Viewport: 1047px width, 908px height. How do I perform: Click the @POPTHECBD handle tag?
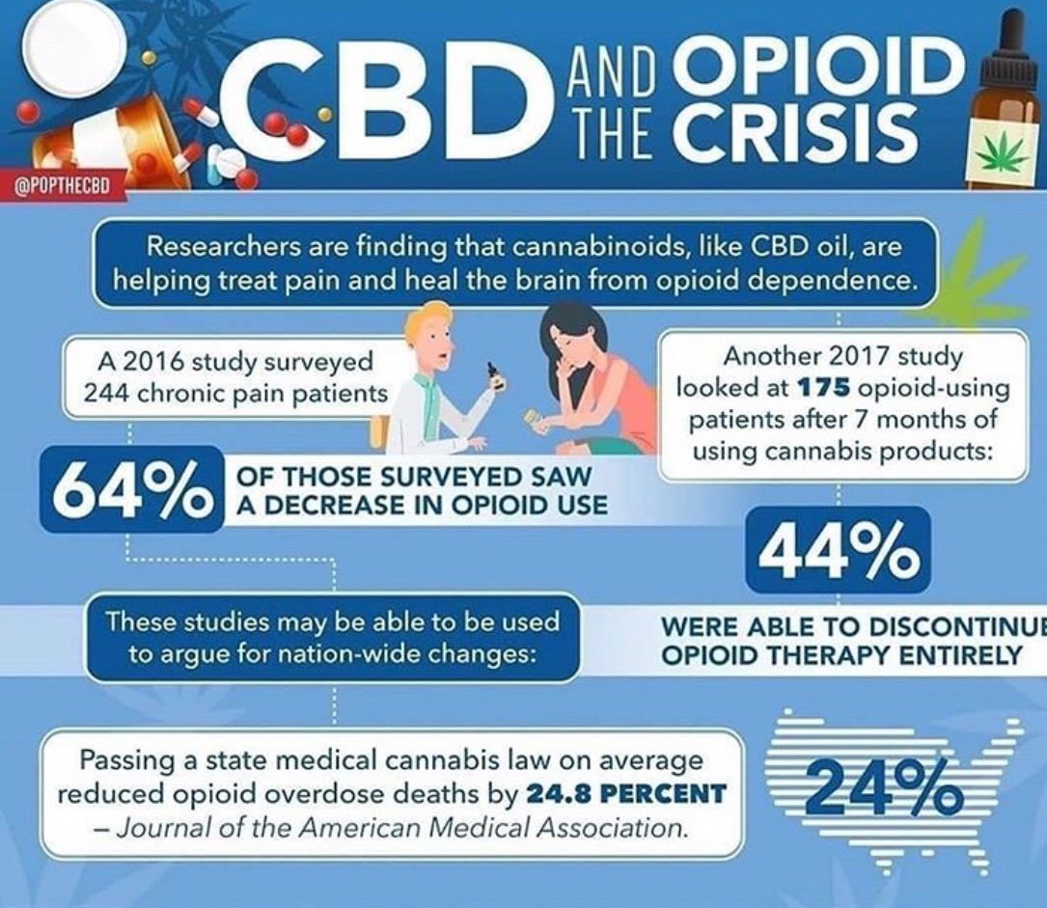61,185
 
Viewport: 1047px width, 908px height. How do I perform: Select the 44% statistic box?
838,549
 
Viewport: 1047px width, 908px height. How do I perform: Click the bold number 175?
824,387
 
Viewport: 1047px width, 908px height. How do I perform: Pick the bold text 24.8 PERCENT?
625,794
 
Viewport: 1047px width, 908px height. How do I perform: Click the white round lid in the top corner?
74,45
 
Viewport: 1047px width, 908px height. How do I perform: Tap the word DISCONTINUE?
958,626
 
